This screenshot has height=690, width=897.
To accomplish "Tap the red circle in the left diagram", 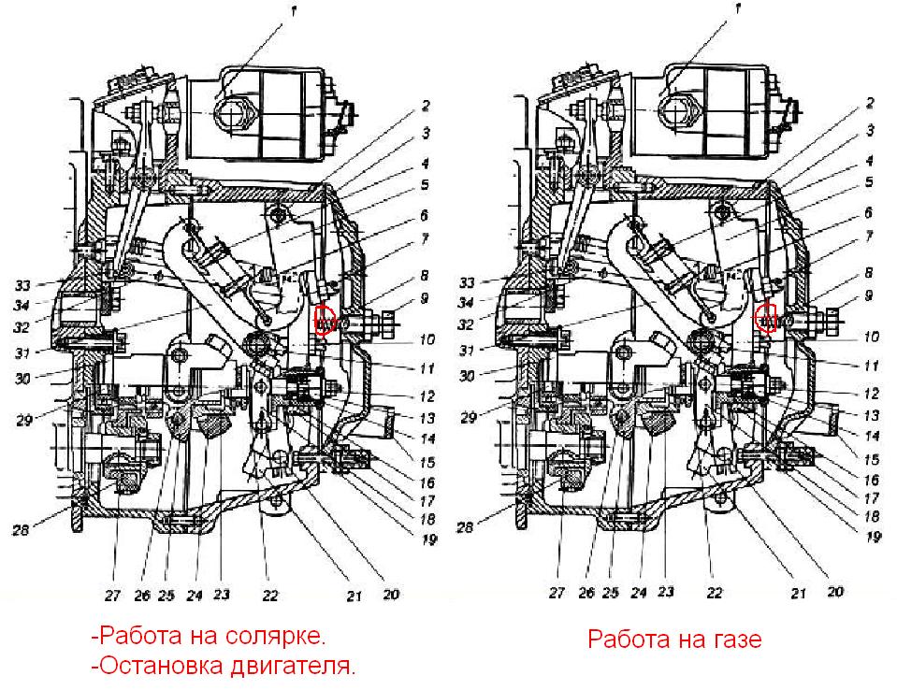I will [325, 319].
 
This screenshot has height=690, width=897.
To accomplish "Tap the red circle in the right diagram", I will [767, 318].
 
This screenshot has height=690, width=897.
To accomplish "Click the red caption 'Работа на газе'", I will [674, 640].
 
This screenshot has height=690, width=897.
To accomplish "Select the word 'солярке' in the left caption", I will [279, 637].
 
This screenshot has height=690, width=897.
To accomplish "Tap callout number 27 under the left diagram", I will [116, 592].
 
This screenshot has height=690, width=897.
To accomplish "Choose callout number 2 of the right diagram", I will [868, 105].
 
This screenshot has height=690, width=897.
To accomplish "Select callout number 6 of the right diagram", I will [869, 213].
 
